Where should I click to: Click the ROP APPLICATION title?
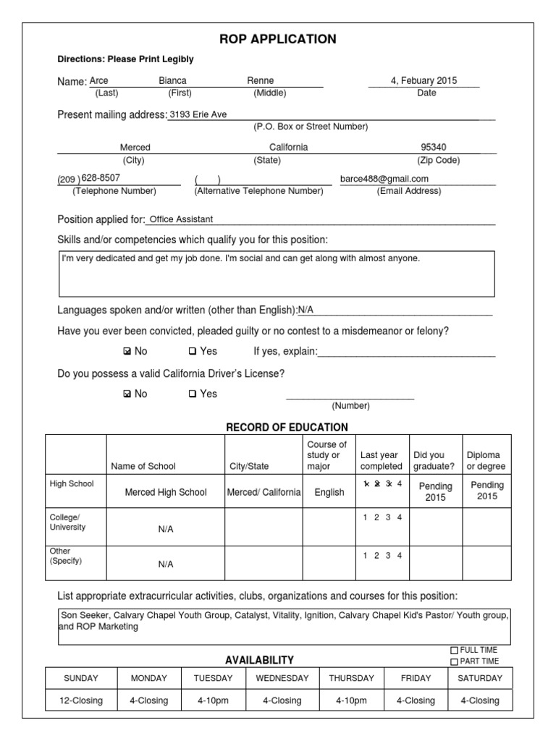pyautogui.click(x=278, y=39)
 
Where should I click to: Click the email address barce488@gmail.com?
pyautogui.click(x=384, y=179)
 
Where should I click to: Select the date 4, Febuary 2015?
pyautogui.click(x=424, y=81)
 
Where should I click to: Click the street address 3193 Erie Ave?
pyautogui.click(x=198, y=114)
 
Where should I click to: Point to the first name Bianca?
pyautogui.click(x=172, y=81)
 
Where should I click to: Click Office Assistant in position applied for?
pyautogui.click(x=181, y=219)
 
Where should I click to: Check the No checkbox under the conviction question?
pyautogui.click(x=127, y=352)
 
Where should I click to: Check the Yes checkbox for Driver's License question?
pyautogui.click(x=193, y=394)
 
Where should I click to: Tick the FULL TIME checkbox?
pyautogui.click(x=455, y=651)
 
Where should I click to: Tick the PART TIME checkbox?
pyautogui.click(x=455, y=661)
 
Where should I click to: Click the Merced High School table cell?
pyautogui.click(x=166, y=492)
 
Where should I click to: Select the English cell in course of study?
pyautogui.click(x=329, y=492)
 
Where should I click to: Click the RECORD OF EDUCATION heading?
pyautogui.click(x=287, y=427)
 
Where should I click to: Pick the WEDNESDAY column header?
pyautogui.click(x=282, y=678)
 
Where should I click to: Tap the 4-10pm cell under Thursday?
pyautogui.click(x=352, y=700)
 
